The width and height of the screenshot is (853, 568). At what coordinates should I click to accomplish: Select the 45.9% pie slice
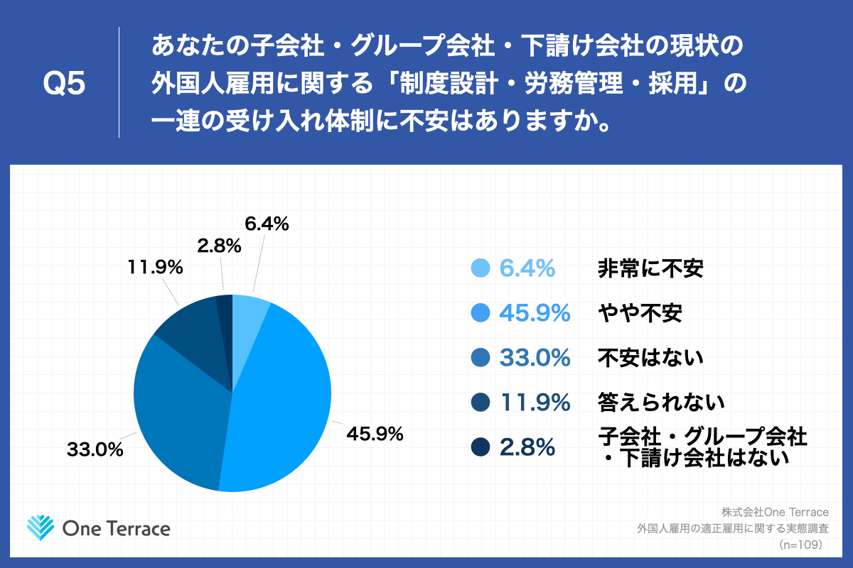[x=284, y=398]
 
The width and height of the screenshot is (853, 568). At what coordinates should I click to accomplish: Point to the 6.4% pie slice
[x=249, y=312]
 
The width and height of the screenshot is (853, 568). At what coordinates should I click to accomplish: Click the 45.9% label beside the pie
[x=375, y=432]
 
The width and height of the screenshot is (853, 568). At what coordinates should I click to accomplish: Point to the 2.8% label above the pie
[x=219, y=246]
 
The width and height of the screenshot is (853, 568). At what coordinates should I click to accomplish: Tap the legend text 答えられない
[x=660, y=402]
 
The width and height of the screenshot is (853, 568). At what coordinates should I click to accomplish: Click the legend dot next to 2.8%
[x=481, y=447]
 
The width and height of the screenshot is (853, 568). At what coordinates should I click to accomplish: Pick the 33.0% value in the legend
[x=535, y=357]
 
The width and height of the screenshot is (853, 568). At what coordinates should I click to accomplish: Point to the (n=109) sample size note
[x=800, y=545]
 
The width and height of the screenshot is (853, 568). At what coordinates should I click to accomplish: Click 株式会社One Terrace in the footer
[x=775, y=512]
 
